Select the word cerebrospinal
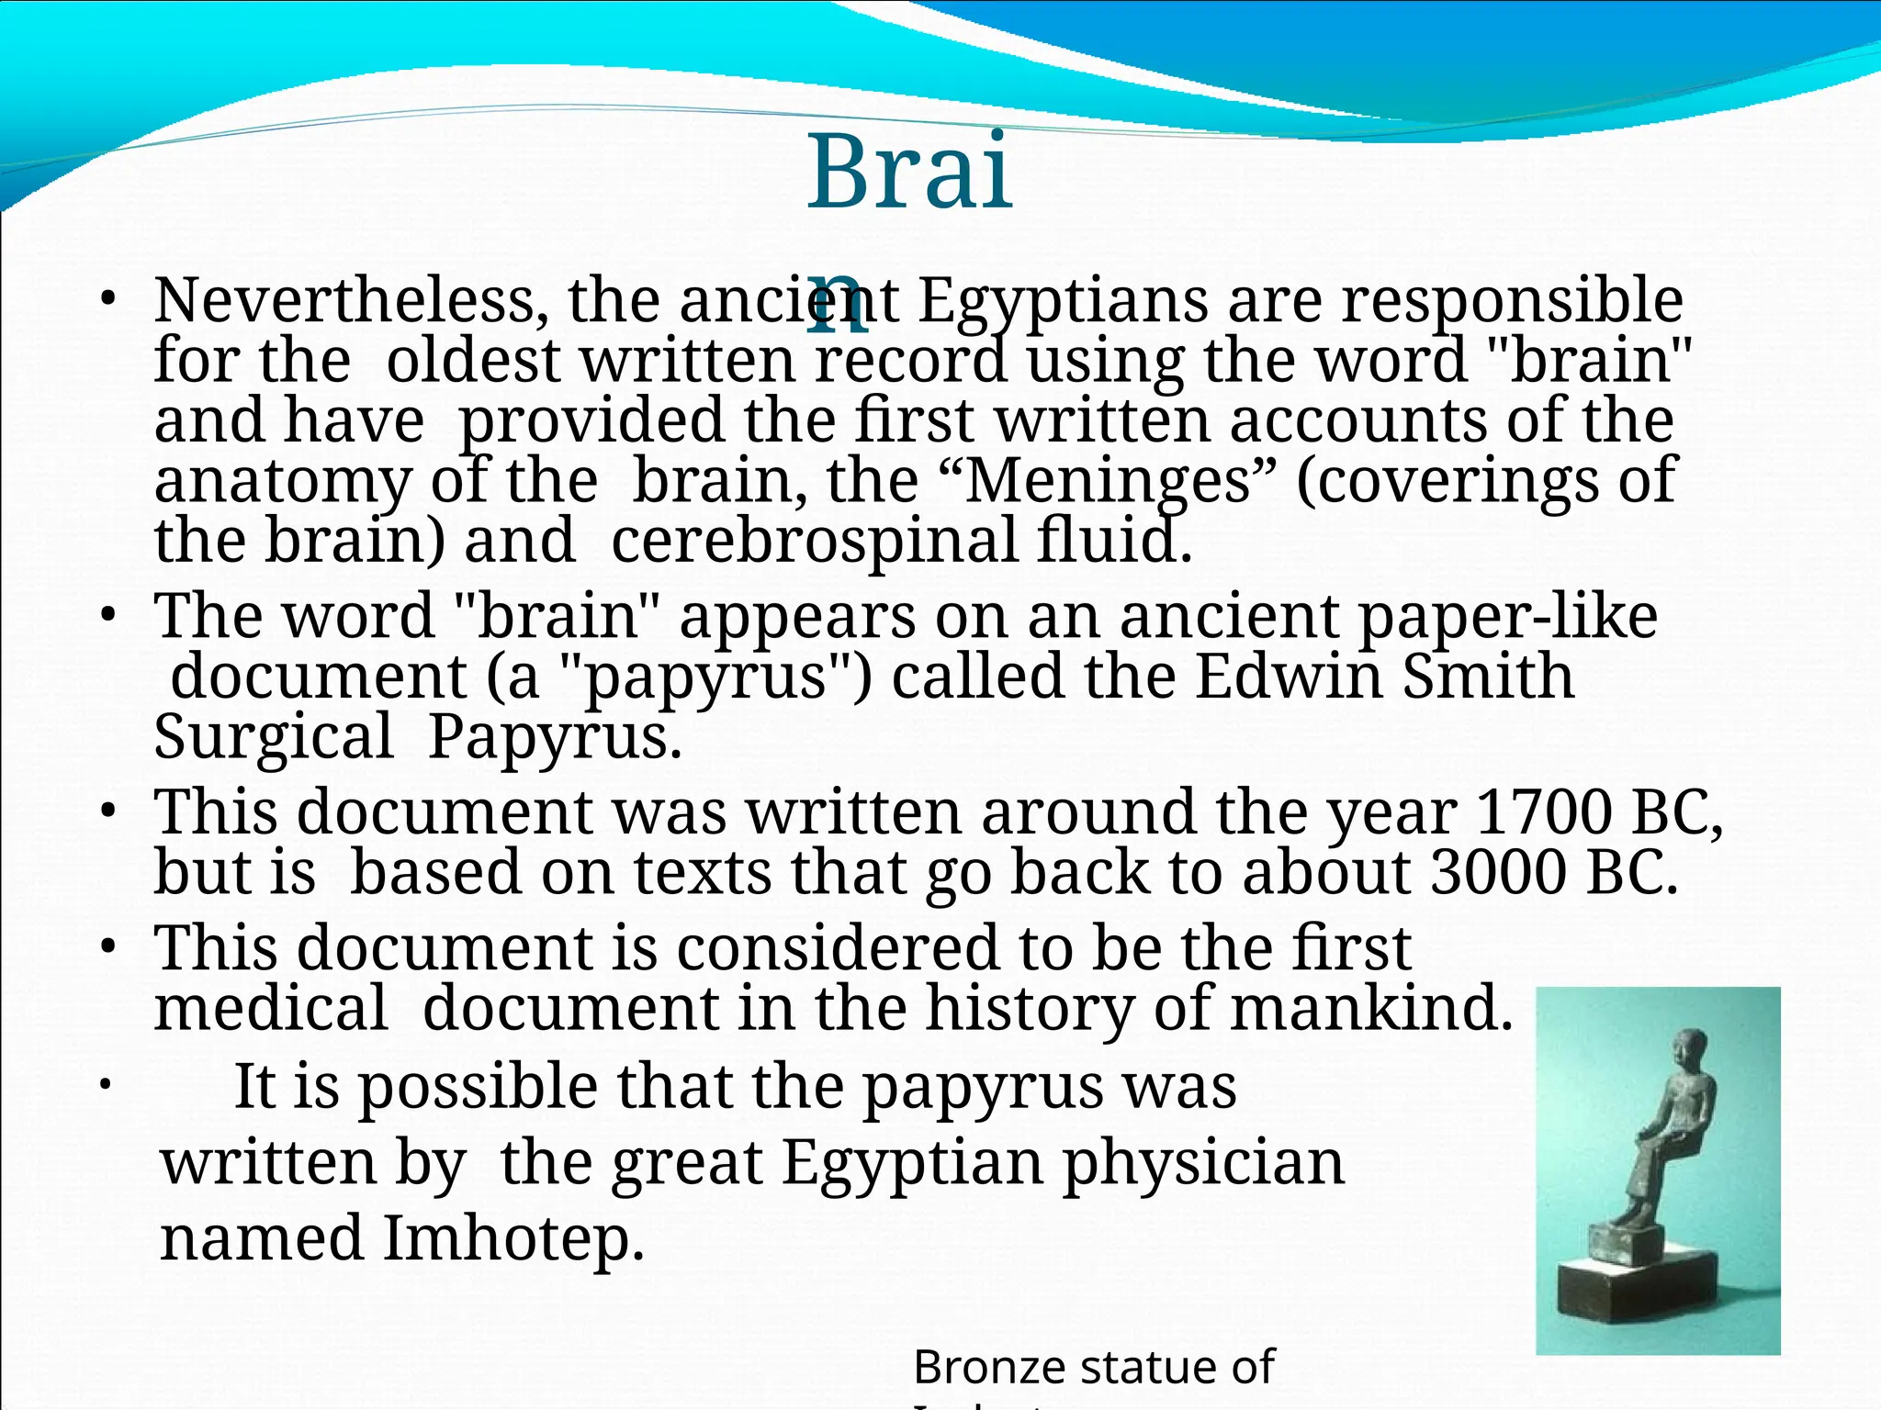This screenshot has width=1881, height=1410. pos(814,541)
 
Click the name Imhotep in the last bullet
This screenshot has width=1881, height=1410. pos(512,1238)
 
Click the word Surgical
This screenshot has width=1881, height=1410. pos(274,737)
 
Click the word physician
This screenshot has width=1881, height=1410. pos(1204,1163)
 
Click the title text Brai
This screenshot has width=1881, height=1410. pos(909,172)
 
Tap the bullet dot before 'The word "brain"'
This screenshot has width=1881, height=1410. pos(107,616)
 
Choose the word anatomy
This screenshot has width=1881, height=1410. pos(282,481)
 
